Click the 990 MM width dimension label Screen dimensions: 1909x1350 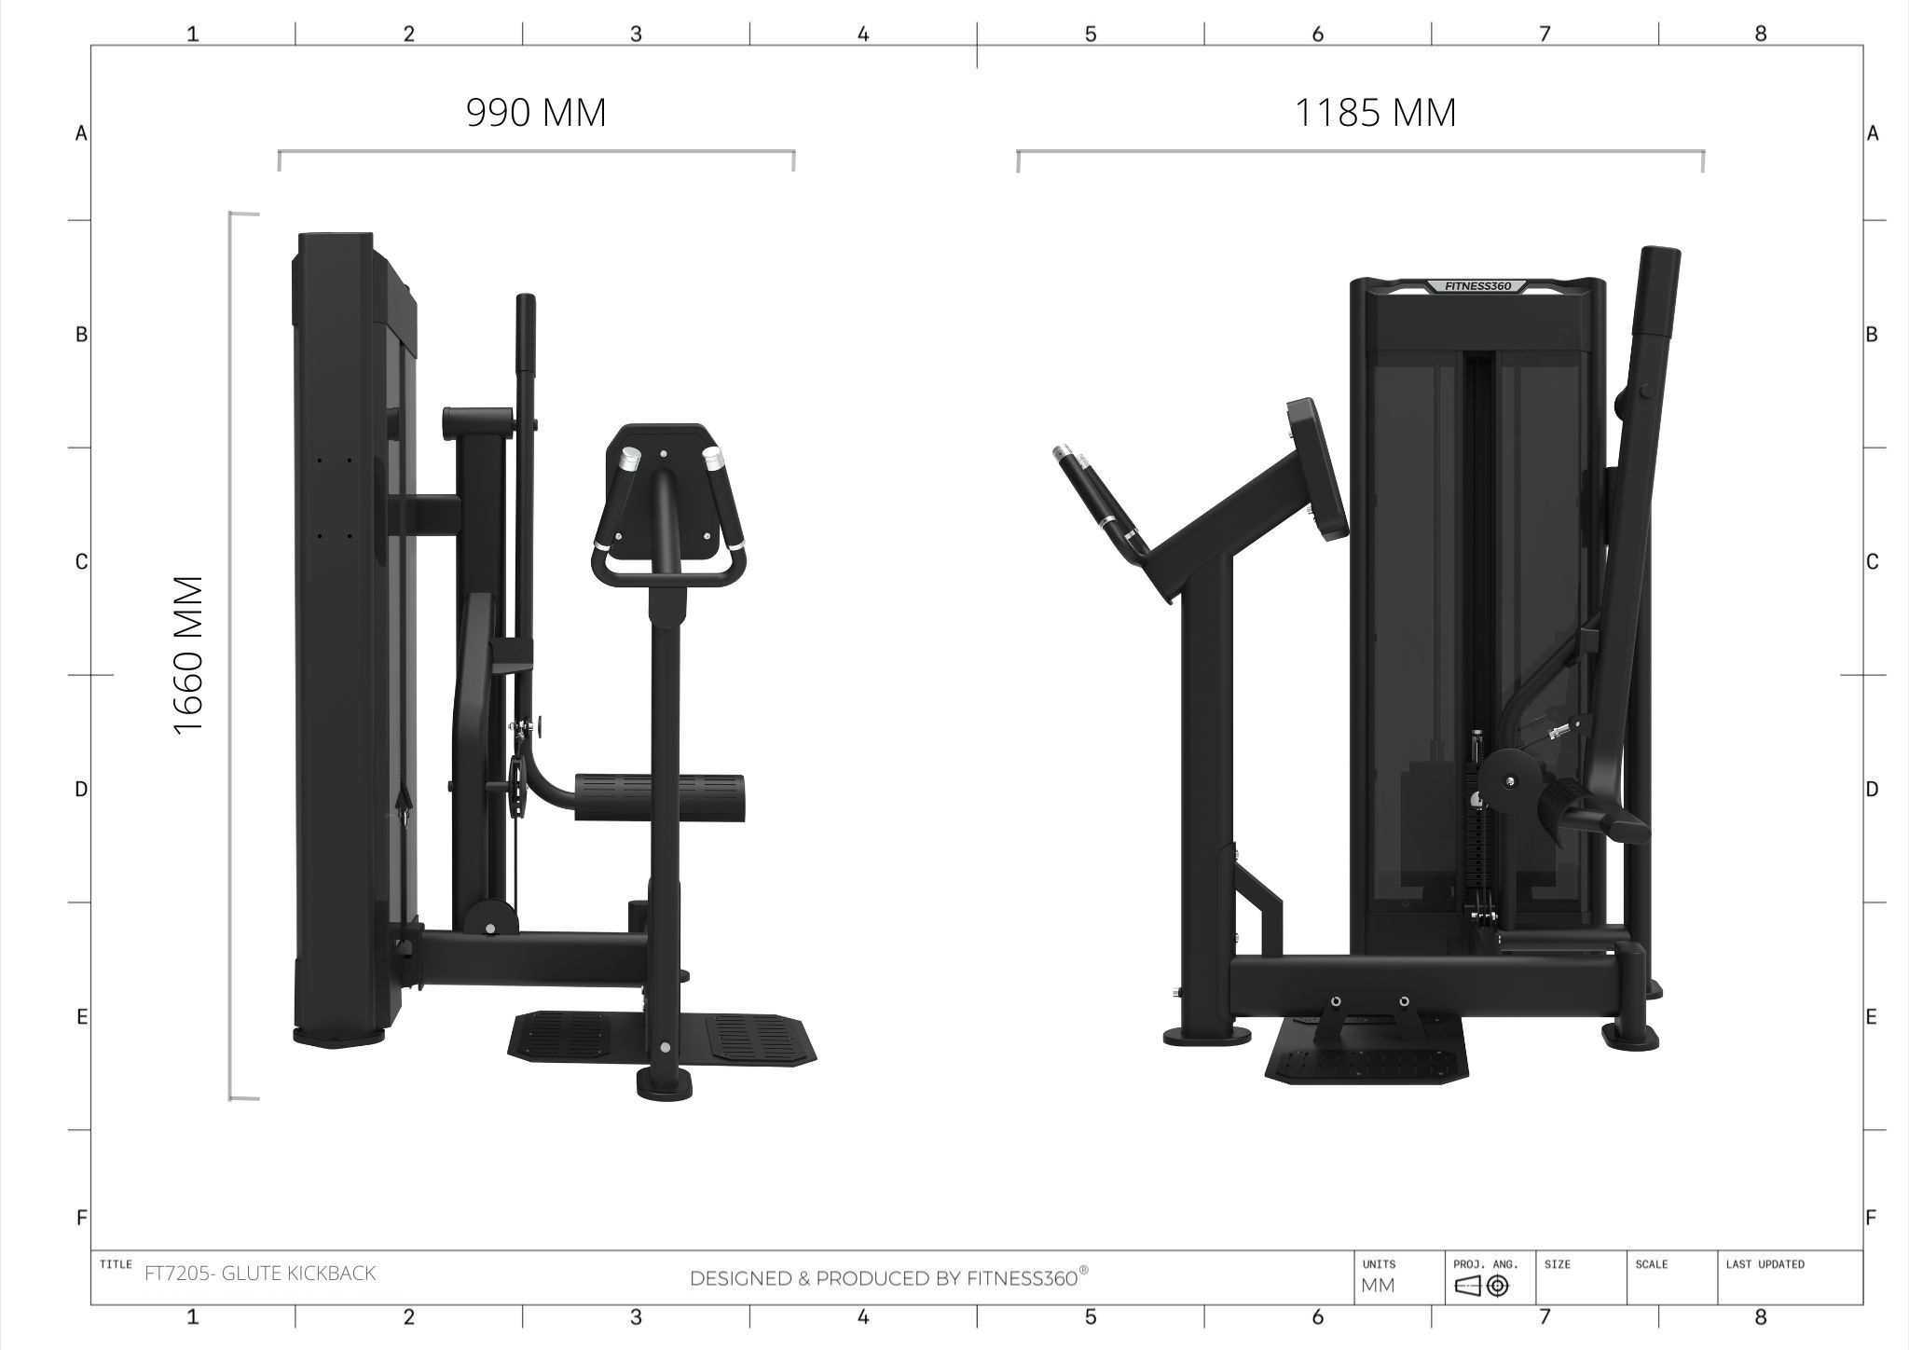click(536, 113)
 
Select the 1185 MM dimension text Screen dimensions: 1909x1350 click(1375, 113)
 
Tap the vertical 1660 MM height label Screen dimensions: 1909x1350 click(188, 655)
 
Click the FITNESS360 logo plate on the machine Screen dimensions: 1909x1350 click(1478, 286)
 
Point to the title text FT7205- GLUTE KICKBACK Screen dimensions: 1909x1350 click(260, 1274)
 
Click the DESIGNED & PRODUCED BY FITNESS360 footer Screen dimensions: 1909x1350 click(889, 1277)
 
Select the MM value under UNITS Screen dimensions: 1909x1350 click(1378, 1286)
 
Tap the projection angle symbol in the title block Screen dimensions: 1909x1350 click(1482, 1287)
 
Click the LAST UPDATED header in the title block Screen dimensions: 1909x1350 click(1765, 1264)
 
